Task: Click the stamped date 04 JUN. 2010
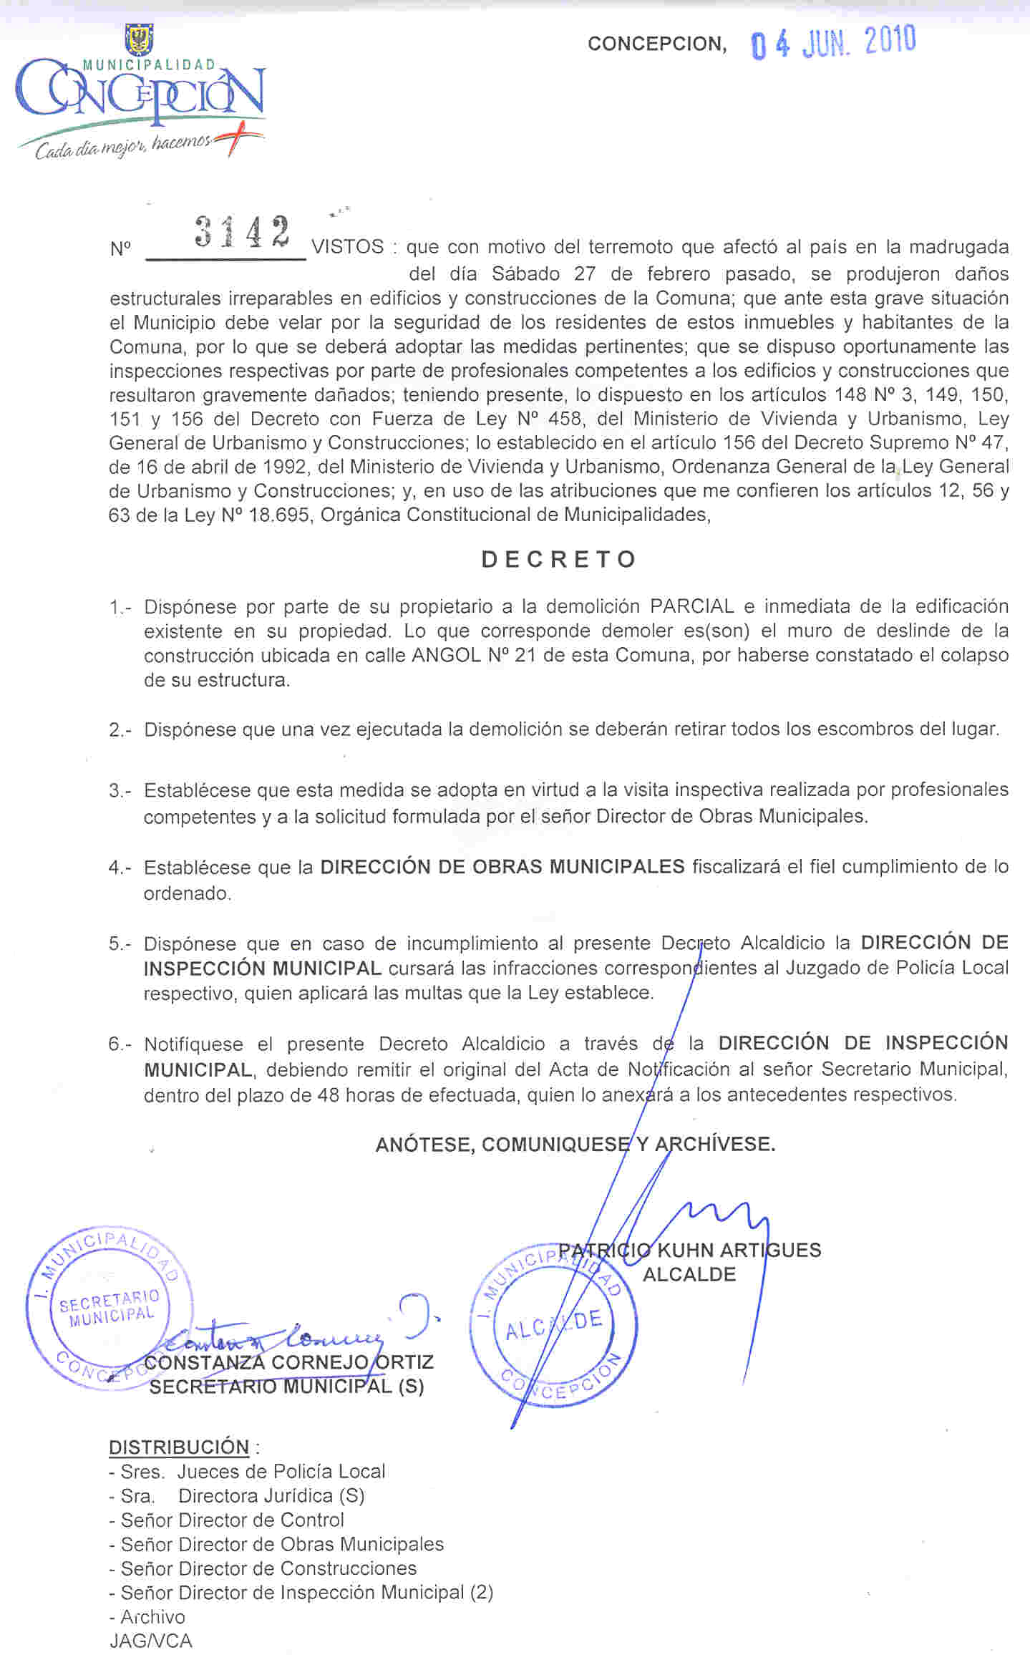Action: [x=833, y=44]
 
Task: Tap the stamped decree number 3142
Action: [x=243, y=233]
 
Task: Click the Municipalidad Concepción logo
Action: [x=140, y=93]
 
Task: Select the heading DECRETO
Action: [x=559, y=559]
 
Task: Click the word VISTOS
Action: [x=348, y=247]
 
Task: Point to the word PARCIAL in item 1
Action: [x=691, y=606]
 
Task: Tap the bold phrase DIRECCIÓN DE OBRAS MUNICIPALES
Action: [x=502, y=867]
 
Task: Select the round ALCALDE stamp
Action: [x=553, y=1324]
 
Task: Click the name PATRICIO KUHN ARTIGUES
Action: [x=689, y=1250]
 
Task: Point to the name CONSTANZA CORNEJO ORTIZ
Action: [x=289, y=1362]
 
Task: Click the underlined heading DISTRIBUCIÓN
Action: [x=179, y=1447]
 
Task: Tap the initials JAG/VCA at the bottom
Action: [x=151, y=1641]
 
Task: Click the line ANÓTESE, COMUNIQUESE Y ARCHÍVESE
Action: [x=575, y=1144]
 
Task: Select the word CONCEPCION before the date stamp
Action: [x=657, y=44]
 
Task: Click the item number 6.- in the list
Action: [x=120, y=1044]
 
